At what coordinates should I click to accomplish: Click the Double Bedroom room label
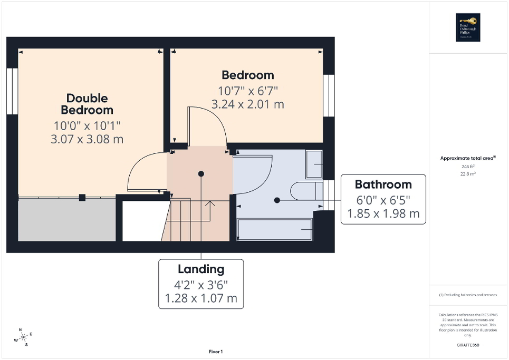pyautogui.click(x=87, y=104)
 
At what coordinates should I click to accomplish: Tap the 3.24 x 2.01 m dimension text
pyautogui.click(x=247, y=104)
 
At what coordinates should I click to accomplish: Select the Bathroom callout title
pyautogui.click(x=383, y=184)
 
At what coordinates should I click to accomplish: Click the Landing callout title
pyautogui.click(x=201, y=269)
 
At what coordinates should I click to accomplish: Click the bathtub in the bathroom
pyautogui.click(x=275, y=230)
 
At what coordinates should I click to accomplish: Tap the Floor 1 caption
pyautogui.click(x=216, y=352)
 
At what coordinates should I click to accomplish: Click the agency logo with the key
pyautogui.click(x=466, y=27)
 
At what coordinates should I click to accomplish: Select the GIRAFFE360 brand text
pyautogui.click(x=468, y=345)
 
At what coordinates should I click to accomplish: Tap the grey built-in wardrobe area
pyautogui.click(x=66, y=220)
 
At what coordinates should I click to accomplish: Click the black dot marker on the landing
pyautogui.click(x=201, y=173)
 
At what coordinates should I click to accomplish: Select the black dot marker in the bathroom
pyautogui.click(x=277, y=200)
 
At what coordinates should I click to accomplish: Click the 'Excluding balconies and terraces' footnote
pyautogui.click(x=468, y=295)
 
